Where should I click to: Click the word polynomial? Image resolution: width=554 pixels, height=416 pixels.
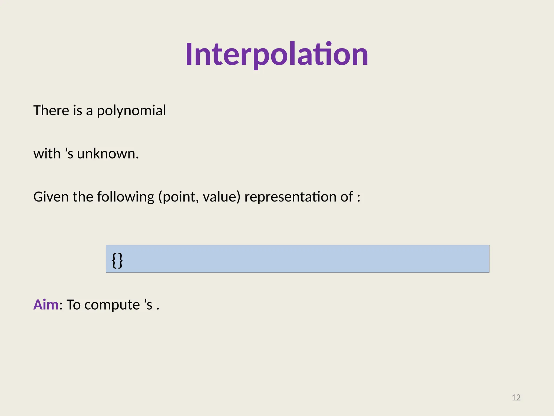(x=131, y=111)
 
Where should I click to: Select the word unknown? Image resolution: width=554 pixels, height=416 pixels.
(x=108, y=154)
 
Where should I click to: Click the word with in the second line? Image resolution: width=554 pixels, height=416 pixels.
(x=47, y=154)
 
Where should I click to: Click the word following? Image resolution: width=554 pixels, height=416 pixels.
(x=126, y=197)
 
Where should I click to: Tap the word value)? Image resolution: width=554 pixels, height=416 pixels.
(x=222, y=197)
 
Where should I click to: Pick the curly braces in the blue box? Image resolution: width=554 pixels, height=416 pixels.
(x=117, y=260)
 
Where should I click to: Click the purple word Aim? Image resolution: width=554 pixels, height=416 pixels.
(x=46, y=305)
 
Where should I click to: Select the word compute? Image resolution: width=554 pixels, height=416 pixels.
(x=112, y=305)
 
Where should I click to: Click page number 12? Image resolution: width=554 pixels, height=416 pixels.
(x=516, y=398)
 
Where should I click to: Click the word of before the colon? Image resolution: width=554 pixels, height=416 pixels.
(x=347, y=197)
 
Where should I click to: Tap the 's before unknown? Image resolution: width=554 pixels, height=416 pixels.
(x=69, y=154)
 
